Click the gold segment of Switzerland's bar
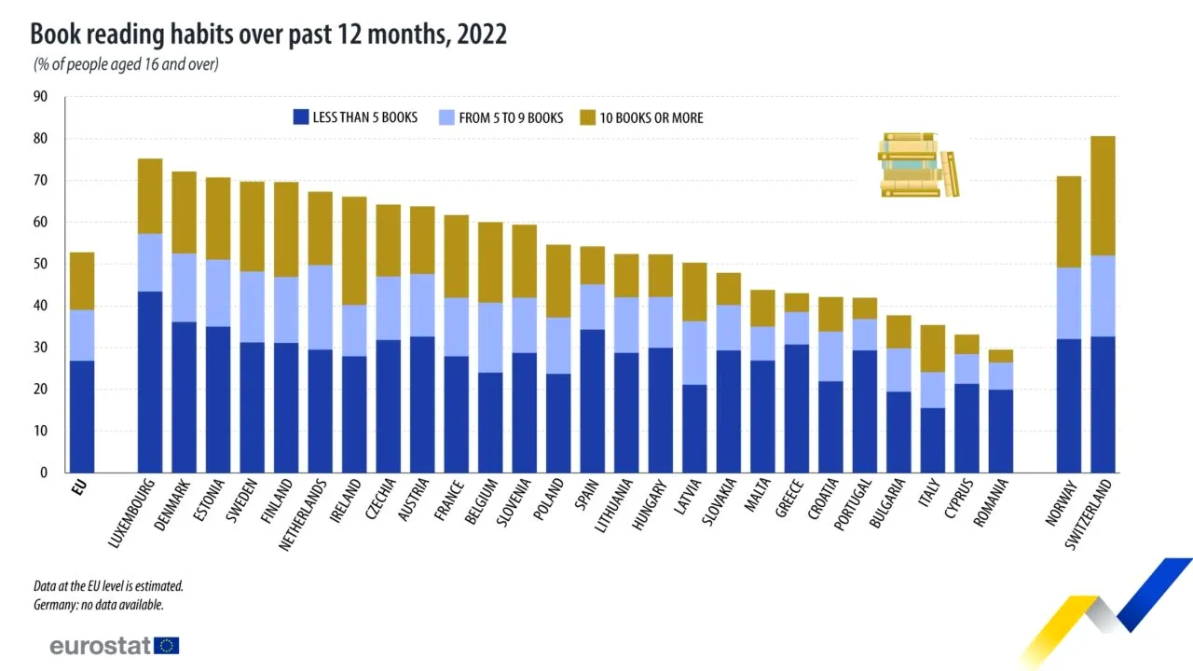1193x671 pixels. click(x=1104, y=196)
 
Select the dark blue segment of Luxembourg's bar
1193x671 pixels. click(x=150, y=382)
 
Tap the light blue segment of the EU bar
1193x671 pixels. click(x=82, y=335)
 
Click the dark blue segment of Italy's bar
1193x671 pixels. click(x=933, y=440)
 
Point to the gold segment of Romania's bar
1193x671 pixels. click(x=1001, y=356)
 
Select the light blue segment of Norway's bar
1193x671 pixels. click(x=1069, y=303)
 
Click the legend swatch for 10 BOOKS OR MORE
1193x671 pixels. click(x=587, y=117)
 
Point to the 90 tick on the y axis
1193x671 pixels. click(x=40, y=97)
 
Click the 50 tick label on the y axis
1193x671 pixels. click(x=40, y=264)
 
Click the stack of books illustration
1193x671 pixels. click(x=918, y=165)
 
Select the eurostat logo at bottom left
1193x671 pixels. click(x=114, y=646)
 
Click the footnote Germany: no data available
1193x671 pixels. click(x=99, y=605)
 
